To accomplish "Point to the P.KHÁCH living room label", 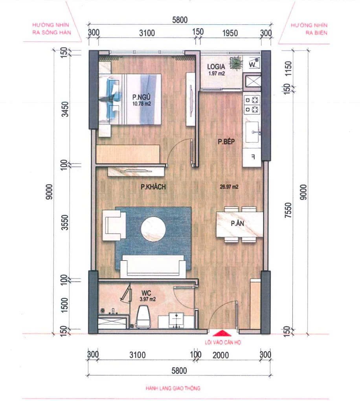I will [153, 187].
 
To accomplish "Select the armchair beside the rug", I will [114, 225].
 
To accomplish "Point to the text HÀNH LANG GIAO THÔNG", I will [173, 388].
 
